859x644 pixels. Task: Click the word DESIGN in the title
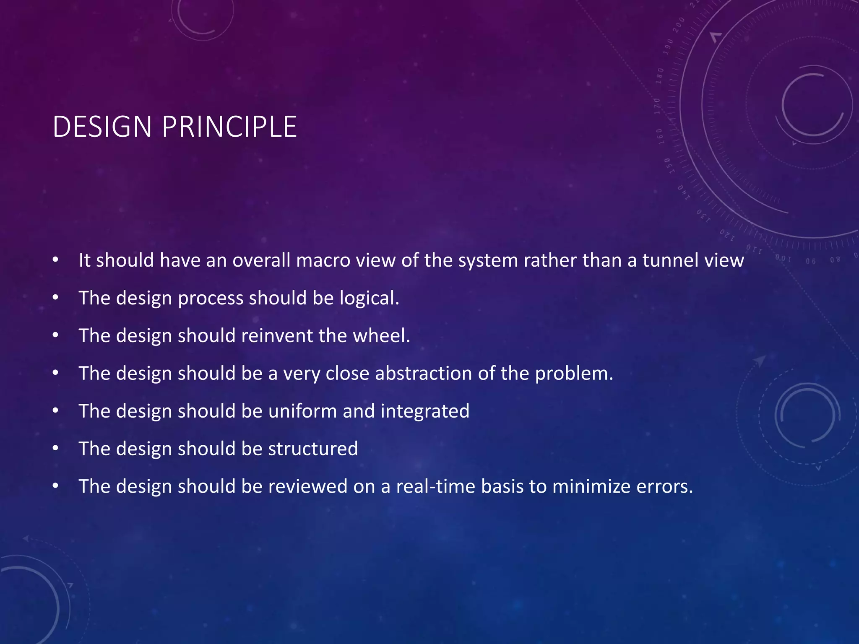click(x=102, y=127)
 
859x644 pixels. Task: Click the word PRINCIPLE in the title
click(x=229, y=127)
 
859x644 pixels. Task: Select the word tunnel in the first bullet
click(x=670, y=260)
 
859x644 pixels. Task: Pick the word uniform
click(x=302, y=411)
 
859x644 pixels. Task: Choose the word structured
click(x=313, y=449)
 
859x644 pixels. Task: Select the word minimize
click(x=591, y=486)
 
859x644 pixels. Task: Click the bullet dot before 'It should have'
click(x=55, y=260)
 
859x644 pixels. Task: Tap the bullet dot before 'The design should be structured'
click(x=55, y=449)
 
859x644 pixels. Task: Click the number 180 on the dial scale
click(x=660, y=75)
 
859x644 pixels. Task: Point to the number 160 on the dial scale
click(x=660, y=136)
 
